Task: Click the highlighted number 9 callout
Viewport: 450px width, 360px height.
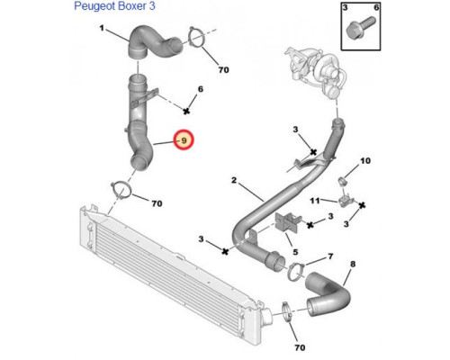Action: point(184,140)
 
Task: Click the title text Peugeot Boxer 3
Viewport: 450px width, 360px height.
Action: point(114,6)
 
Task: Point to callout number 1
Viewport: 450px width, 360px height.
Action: point(102,28)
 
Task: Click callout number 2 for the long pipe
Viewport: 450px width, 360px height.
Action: point(234,180)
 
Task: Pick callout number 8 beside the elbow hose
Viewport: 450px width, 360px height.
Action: point(353,264)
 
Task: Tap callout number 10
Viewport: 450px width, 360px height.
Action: point(365,161)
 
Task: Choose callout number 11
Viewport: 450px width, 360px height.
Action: point(315,200)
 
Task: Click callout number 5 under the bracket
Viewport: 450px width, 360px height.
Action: point(295,252)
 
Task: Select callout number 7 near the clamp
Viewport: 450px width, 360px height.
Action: point(330,256)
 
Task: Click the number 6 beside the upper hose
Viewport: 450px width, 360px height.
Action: point(201,89)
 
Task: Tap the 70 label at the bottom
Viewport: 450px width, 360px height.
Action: point(300,347)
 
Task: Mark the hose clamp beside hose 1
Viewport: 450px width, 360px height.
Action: point(196,37)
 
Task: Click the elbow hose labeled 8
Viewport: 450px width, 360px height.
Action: point(328,295)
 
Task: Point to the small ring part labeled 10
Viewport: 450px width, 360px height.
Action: point(343,181)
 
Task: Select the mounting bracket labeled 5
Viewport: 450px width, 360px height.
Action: point(286,222)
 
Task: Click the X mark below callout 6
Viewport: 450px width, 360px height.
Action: point(186,111)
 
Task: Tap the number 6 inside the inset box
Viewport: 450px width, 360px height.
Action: point(376,7)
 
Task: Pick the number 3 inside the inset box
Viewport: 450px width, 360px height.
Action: point(346,7)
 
